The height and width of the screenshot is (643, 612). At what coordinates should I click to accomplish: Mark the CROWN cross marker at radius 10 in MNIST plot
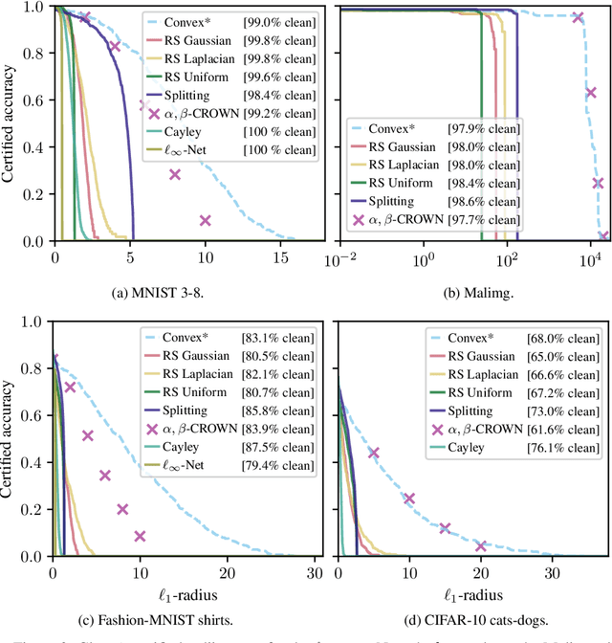click(x=205, y=220)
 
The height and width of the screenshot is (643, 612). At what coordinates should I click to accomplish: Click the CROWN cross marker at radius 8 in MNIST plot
click(x=175, y=174)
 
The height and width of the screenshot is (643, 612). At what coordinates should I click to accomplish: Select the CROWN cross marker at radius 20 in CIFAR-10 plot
click(x=481, y=545)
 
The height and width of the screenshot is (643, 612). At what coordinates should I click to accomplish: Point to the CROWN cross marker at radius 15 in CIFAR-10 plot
click(x=445, y=528)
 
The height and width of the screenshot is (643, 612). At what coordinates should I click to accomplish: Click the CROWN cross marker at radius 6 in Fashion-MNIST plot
click(x=105, y=476)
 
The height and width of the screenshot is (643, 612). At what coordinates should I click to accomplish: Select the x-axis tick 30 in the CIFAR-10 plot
click(x=553, y=572)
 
